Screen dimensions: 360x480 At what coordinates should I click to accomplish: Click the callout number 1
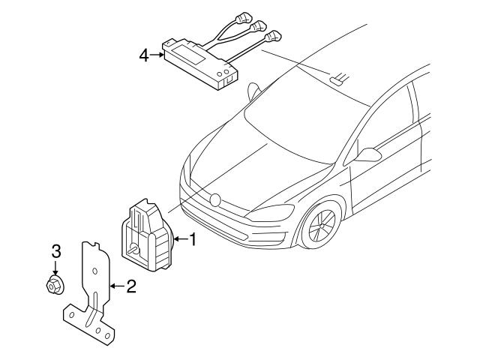pyautogui.click(x=192, y=240)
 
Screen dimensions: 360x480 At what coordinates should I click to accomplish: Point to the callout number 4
pyautogui.click(x=142, y=55)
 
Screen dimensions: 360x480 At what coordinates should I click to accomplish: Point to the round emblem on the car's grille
pyautogui.click(x=215, y=199)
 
